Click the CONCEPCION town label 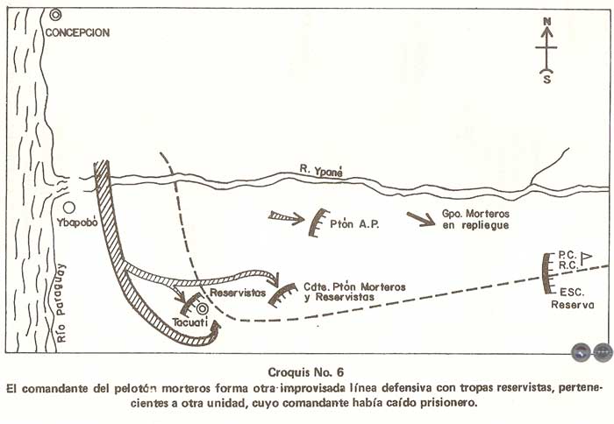tap(77, 32)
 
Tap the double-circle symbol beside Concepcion tap(55, 15)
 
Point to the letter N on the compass tap(547, 21)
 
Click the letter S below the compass tap(547, 80)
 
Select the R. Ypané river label tap(321, 171)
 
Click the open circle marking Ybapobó tap(69, 208)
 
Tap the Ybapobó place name tap(77, 223)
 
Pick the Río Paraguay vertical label tap(61, 303)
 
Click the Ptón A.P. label tap(354, 224)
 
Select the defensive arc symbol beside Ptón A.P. tap(318, 223)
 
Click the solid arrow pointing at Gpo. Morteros tap(421, 219)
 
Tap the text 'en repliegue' tap(475, 226)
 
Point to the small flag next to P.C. tap(586, 258)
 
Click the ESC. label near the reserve tap(572, 293)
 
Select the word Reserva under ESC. tap(573, 305)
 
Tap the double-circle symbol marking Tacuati tap(202, 309)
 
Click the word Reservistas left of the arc tap(238, 293)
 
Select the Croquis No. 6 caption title tap(306, 372)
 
